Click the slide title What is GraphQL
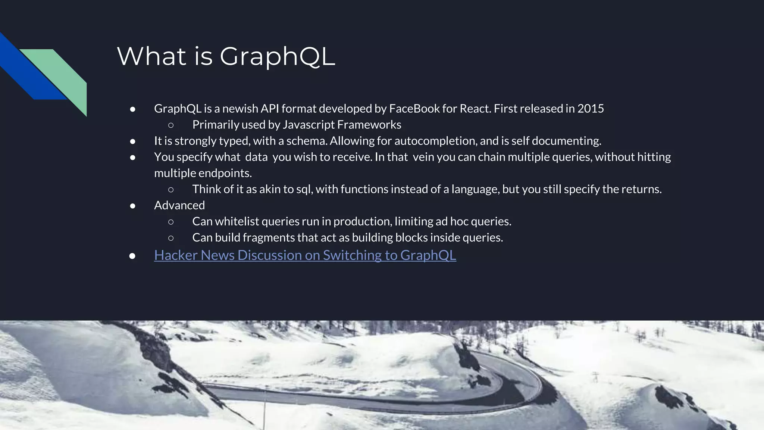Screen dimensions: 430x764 (x=226, y=56)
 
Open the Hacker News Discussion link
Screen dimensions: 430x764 (x=305, y=255)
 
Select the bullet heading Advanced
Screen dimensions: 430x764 (x=179, y=205)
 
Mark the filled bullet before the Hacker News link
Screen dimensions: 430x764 (x=132, y=256)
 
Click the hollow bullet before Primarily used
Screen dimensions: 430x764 (x=171, y=125)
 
